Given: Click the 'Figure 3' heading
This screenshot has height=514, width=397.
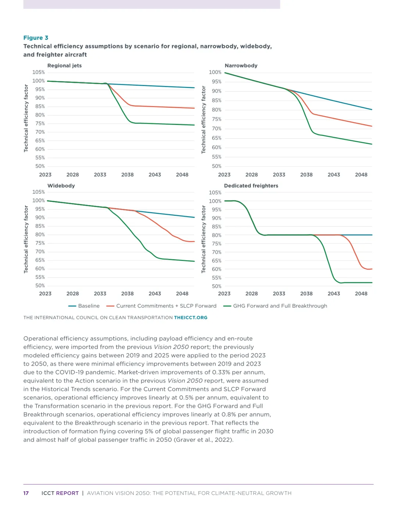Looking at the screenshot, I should pos(36,38).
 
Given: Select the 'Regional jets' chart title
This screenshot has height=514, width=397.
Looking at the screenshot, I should pos(64,65).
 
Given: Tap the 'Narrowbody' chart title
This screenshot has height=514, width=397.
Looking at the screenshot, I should pos(241,65).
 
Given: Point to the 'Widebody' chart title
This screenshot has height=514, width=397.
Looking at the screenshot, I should pos(61,186).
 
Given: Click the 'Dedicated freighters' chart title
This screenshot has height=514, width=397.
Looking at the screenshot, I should pos(251,186).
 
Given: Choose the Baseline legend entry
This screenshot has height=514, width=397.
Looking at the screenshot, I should pos(84,306).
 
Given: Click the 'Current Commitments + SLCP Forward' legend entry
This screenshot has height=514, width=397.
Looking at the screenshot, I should pos(161,306).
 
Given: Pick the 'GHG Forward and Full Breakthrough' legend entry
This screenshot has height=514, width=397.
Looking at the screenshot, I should pos(275,306).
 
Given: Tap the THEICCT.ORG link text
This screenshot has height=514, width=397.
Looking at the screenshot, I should pos(190,318).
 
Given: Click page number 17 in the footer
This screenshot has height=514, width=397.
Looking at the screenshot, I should pos(26,493).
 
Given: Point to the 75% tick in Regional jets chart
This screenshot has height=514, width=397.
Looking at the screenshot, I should pos(40,124).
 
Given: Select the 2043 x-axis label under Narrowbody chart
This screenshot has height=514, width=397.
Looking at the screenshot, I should pos(334,175).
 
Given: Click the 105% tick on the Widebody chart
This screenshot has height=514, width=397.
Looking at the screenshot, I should pos(39,192).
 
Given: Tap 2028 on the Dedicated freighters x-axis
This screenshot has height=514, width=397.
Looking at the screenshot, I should pos(251,293).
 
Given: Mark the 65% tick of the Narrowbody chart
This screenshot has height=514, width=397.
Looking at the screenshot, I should pos(217,138).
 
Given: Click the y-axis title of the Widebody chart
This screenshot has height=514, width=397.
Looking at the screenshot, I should pos(26,239).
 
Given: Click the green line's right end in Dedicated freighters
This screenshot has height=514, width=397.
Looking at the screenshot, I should pos(372,283).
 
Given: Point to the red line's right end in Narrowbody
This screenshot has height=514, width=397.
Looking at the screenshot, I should pos(372,126).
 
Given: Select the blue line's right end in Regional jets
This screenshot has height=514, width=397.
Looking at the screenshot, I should pos(194,88).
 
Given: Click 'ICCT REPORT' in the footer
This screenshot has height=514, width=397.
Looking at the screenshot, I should pos(60,493).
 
